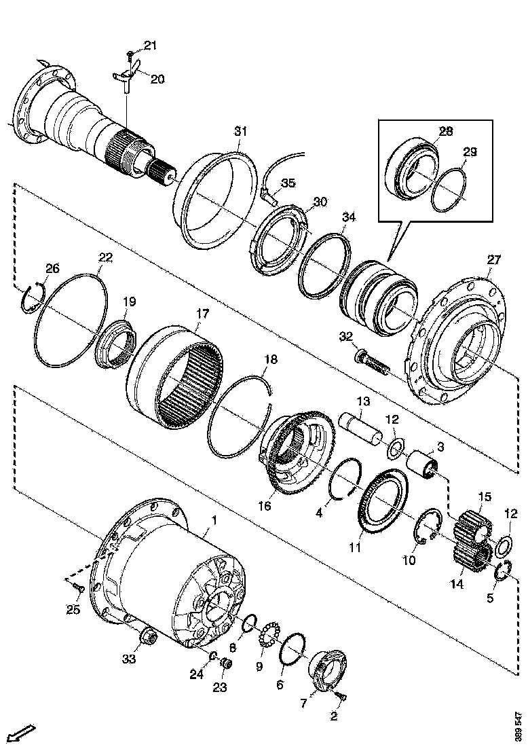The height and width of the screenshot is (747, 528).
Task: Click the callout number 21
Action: point(150,45)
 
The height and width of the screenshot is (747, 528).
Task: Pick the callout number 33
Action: point(130,659)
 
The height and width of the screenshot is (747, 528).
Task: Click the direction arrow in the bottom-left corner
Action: point(23,733)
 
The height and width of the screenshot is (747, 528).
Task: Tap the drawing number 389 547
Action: point(519,725)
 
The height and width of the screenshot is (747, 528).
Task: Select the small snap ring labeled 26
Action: point(31,299)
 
